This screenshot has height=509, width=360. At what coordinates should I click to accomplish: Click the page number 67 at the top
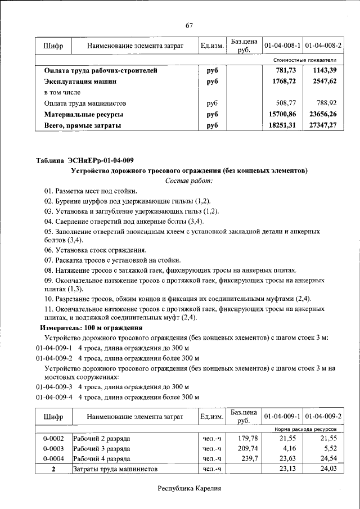tap(190, 25)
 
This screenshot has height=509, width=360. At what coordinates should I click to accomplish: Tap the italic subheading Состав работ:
tap(190, 181)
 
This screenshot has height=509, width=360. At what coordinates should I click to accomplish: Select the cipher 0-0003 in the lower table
tap(53, 448)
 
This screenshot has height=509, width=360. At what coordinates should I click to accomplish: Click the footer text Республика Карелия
tap(190, 489)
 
